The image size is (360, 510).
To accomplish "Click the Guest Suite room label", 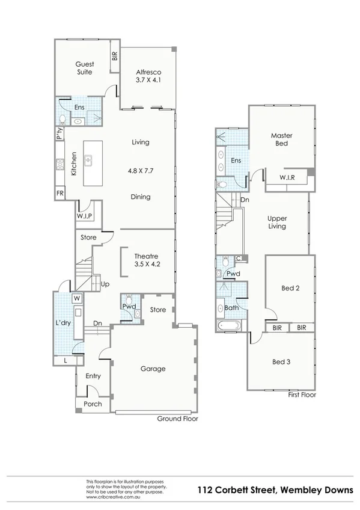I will pos(84,68).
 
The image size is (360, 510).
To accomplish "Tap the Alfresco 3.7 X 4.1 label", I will pos(147,76).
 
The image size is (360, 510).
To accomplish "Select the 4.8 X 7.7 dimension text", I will pos(140,170).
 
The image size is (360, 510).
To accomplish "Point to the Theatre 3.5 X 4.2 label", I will pos(147,259).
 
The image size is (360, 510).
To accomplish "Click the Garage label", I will pos(153,369).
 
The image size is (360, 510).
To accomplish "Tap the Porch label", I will pos(93,404).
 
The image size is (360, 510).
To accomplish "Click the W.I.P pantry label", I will pos(84,216).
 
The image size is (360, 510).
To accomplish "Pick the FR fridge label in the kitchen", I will pos(60,193).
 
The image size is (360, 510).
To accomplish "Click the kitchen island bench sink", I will pos(88,161).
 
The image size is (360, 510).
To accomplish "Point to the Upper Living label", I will pos(277,222).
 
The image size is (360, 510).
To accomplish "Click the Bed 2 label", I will pos(290,288).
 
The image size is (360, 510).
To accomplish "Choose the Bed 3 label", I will pos(281,361).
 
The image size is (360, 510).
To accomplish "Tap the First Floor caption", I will pos(302,395).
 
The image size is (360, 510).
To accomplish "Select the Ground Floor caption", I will pos(177,418).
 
